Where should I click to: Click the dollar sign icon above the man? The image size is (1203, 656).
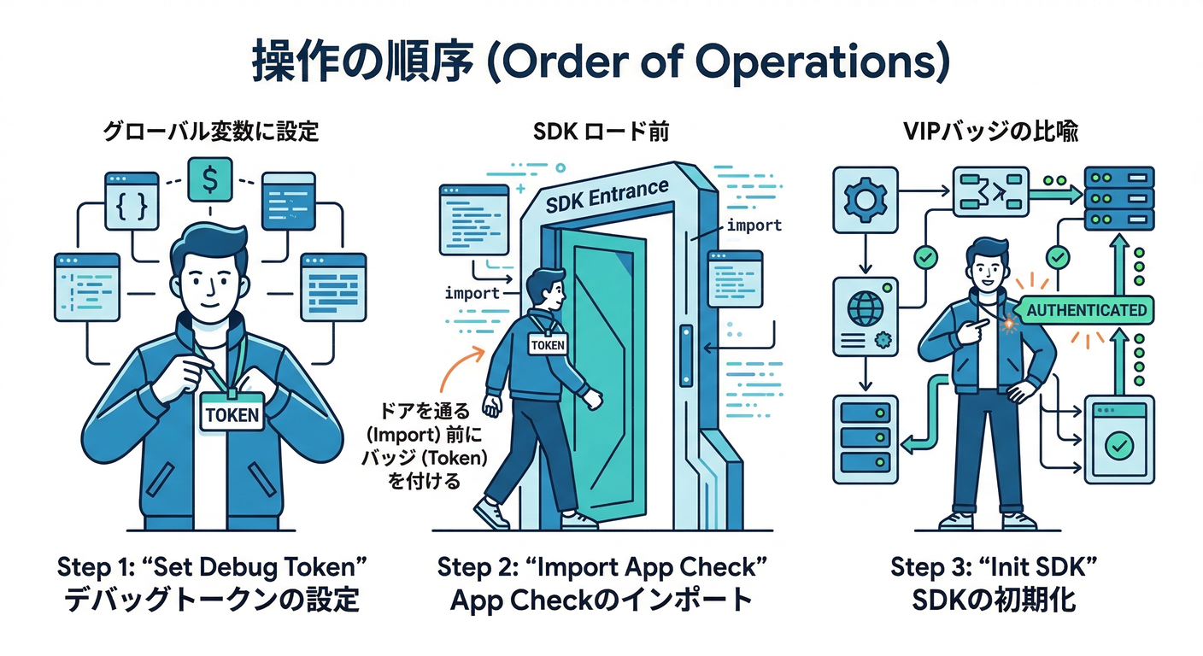(x=209, y=181)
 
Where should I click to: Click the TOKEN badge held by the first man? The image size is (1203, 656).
(x=232, y=414)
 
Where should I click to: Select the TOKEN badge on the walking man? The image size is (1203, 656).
(x=548, y=344)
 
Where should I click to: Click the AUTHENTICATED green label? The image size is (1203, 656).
(x=1086, y=309)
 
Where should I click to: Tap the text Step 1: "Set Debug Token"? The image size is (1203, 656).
(x=210, y=565)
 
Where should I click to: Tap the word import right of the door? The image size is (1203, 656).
(x=753, y=225)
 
